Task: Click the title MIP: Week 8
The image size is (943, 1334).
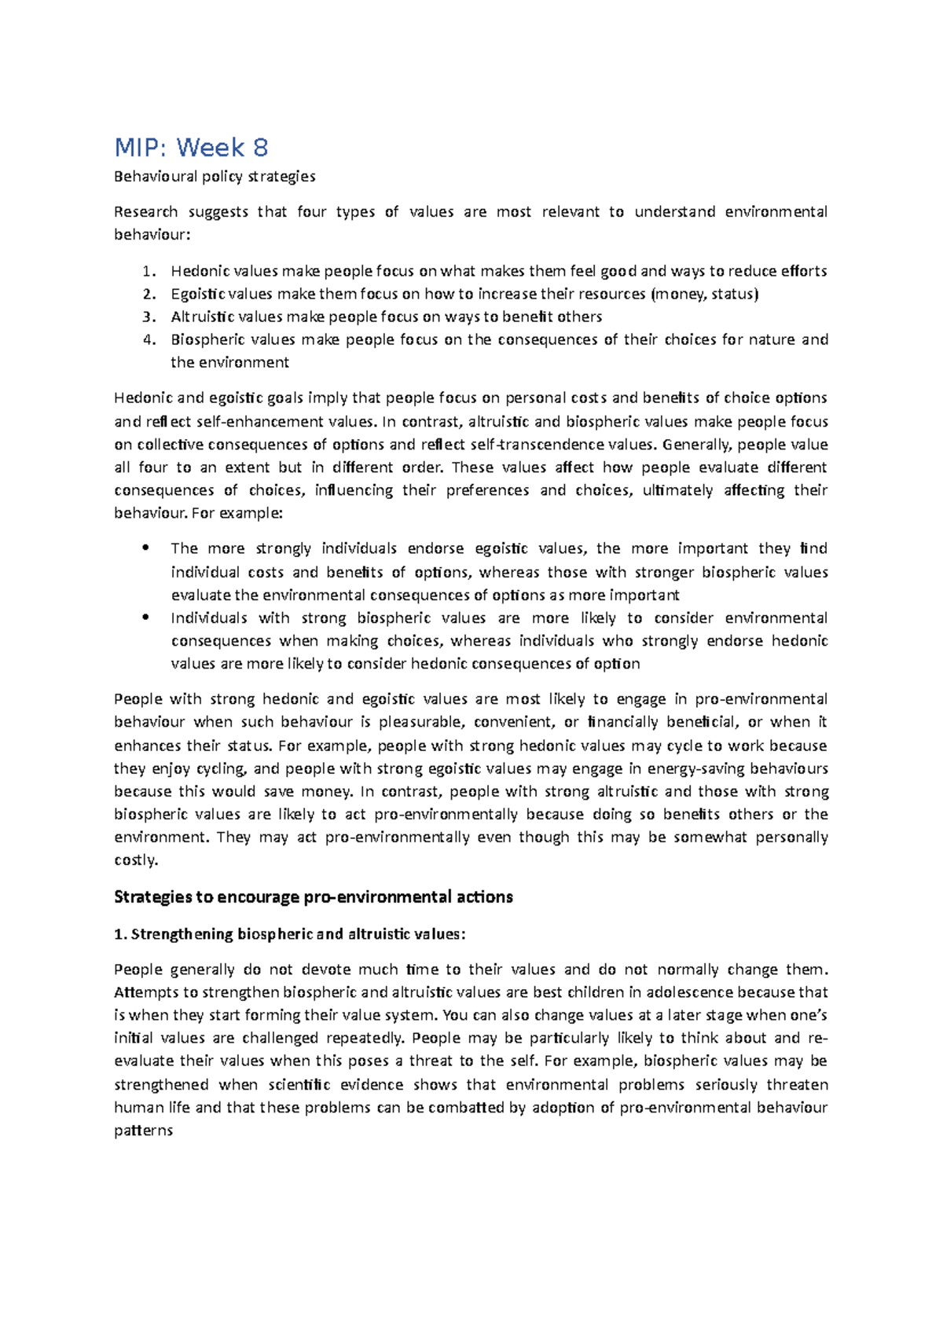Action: point(191,147)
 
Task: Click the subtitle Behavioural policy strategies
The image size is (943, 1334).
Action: point(215,176)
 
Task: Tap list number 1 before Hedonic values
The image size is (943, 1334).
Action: point(149,272)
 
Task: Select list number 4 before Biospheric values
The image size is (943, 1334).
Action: point(149,340)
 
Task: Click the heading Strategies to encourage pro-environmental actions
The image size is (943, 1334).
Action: point(313,897)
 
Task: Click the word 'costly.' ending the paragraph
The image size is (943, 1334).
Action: point(136,860)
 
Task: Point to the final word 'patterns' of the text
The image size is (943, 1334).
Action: point(143,1131)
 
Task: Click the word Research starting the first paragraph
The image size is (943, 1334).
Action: point(145,212)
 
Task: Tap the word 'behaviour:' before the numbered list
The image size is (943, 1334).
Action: point(152,235)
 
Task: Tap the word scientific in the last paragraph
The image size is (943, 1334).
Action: point(299,1085)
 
